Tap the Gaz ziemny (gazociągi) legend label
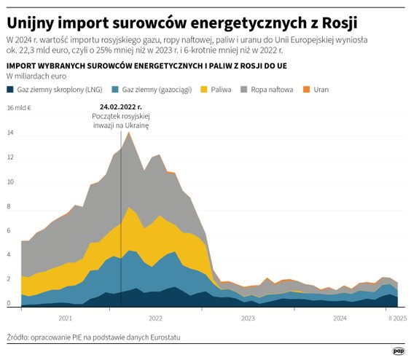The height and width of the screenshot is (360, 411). coord(153,90)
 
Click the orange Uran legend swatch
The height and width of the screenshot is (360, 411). coord(306,90)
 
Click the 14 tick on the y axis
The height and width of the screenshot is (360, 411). coord(9,133)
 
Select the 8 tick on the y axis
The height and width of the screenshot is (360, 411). coord(9,207)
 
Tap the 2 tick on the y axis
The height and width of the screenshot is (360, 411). coord(9,280)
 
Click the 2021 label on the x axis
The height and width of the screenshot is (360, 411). coord(65,318)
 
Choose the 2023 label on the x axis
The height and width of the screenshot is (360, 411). coord(248,318)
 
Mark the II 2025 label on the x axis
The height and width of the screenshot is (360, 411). coord(396,318)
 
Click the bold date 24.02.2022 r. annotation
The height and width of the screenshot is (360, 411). coord(120,107)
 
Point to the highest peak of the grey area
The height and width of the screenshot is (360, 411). coord(129,133)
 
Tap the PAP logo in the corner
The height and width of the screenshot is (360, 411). coord(398,351)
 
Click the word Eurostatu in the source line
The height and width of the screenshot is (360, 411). coord(163,337)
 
